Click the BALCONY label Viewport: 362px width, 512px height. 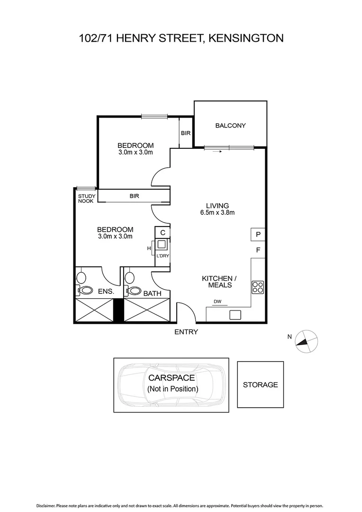point(230,126)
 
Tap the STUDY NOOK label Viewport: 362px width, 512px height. point(87,199)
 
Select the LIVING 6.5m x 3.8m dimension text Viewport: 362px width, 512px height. point(217,212)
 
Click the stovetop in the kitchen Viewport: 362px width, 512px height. point(258,287)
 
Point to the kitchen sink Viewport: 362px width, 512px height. point(235,314)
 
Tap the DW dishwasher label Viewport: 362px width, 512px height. point(217,302)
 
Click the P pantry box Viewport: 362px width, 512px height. point(258,234)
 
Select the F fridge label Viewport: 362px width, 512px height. point(258,250)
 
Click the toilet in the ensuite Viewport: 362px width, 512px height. point(86,291)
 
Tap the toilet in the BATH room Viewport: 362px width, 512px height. point(134,291)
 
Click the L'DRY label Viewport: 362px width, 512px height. point(163,256)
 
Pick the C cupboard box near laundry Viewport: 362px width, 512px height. point(163,232)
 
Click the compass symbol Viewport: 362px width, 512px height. point(306,341)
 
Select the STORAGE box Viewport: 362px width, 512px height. point(260,384)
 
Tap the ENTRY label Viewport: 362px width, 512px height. point(186,332)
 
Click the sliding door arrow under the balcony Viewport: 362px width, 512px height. point(217,152)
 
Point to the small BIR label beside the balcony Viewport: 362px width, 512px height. point(186,133)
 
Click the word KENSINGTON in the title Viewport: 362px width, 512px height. point(246,38)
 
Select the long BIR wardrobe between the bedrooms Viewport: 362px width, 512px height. point(134,196)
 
